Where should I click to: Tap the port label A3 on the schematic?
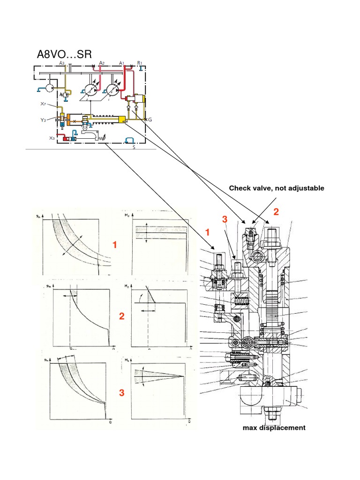click(62, 63)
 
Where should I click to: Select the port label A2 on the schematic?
click(102, 63)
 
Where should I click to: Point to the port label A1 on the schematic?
click(121, 63)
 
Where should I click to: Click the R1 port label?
click(140, 63)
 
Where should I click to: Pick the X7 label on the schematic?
click(43, 104)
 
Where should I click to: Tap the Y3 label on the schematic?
click(43, 120)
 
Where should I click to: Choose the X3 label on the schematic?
click(52, 138)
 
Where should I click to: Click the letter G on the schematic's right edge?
click(150, 120)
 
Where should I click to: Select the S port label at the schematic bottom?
click(134, 147)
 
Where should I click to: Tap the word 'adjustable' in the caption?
click(307, 188)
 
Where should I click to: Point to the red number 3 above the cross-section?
click(225, 219)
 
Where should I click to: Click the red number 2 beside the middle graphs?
click(121, 316)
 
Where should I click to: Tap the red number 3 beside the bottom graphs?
click(121, 393)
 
